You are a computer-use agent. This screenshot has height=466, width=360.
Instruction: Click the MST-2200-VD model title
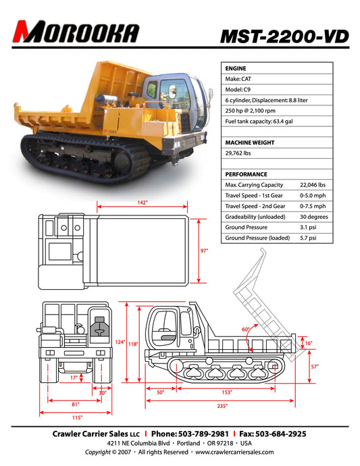[284, 36]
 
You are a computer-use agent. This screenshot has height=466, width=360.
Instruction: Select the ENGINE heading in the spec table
[236, 68]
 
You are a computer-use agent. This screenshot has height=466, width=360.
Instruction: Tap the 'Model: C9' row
[238, 89]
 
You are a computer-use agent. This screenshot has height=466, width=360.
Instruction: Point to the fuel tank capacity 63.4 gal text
[259, 122]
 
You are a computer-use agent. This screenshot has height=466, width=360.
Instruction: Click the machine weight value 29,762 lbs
[238, 153]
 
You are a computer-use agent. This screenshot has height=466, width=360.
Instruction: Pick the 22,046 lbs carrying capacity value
[313, 185]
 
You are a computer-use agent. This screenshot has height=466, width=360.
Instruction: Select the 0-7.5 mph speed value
[313, 206]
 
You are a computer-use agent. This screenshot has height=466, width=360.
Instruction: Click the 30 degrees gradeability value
[313, 217]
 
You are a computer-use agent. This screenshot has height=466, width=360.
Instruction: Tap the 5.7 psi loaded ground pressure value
[308, 238]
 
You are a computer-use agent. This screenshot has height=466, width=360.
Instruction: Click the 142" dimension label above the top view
[143, 203]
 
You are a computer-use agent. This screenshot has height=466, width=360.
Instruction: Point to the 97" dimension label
[204, 251]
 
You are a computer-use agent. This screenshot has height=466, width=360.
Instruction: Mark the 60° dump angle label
[246, 330]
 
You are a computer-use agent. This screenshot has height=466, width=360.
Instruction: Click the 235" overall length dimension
[222, 406]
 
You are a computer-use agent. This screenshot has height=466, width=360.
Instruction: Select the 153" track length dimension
[226, 392]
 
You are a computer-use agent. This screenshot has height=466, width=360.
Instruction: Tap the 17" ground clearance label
[74, 378]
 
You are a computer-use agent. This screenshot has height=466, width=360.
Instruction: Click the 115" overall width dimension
[77, 417]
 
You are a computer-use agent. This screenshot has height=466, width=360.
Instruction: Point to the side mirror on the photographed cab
[211, 94]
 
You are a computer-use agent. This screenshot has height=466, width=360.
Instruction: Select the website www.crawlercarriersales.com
[234, 452]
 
